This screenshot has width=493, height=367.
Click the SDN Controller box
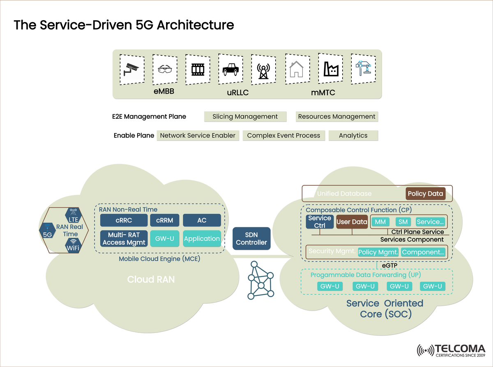pyautogui.click(x=251, y=238)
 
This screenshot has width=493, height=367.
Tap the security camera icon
pyautogui.click(x=132, y=69)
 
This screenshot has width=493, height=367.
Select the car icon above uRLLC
pyautogui.click(x=230, y=68)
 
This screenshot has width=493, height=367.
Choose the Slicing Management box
pyautogui.click(x=245, y=117)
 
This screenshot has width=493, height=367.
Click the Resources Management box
pyautogui.click(x=336, y=117)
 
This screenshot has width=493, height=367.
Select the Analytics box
pyautogui.click(x=353, y=136)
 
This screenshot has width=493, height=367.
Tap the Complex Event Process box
pyautogui.click(x=283, y=136)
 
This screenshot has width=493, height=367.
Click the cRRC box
pyautogui.click(x=123, y=220)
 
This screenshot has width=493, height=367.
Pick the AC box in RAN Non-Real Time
pyautogui.click(x=202, y=220)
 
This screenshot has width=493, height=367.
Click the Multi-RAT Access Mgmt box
pyautogui.click(x=124, y=238)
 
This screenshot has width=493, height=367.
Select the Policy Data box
pyautogui.click(x=425, y=194)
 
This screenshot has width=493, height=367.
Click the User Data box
pyautogui.click(x=352, y=222)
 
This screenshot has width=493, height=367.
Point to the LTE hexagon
pyautogui.click(x=73, y=215)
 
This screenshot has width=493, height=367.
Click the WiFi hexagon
pyautogui.click(x=73, y=245)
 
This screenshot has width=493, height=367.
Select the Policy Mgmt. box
pyautogui.click(x=378, y=252)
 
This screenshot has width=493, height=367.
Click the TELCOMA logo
pyautogui.click(x=451, y=351)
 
